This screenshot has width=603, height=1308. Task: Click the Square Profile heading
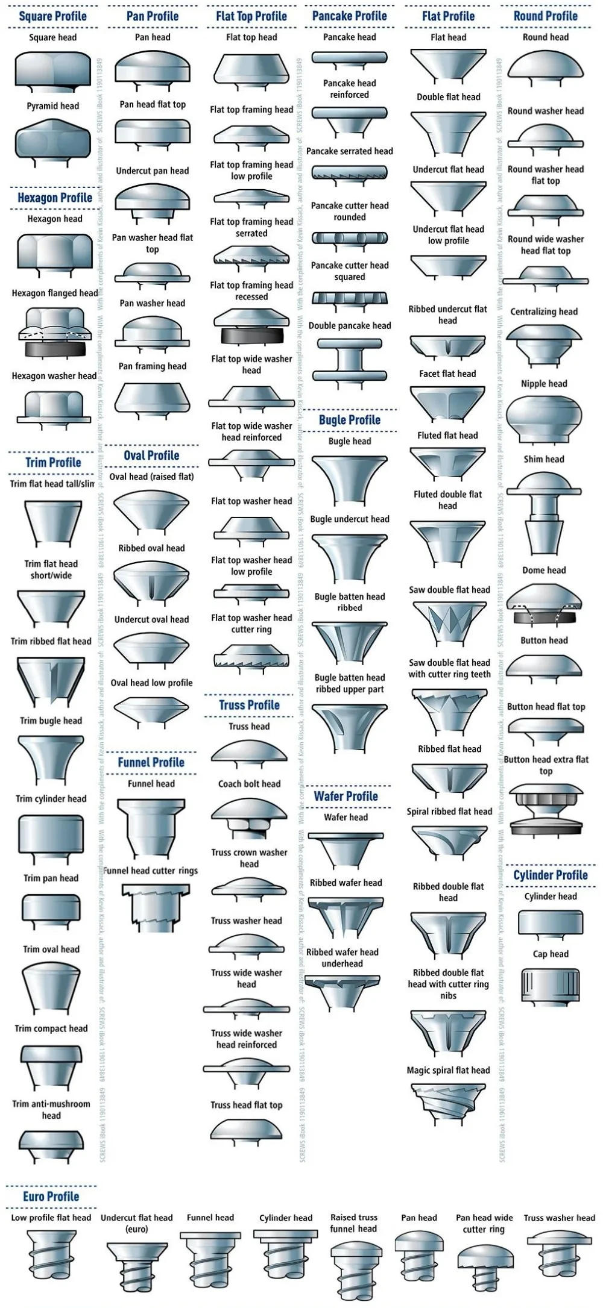click(x=52, y=16)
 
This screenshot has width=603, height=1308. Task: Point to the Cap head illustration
click(x=550, y=987)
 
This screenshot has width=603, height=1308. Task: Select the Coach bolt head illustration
click(x=250, y=816)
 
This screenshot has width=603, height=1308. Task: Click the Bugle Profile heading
click(x=350, y=420)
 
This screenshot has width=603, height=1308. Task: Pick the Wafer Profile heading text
click(x=346, y=796)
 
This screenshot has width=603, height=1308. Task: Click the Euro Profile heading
click(x=51, y=1196)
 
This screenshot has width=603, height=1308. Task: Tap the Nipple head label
click(x=544, y=384)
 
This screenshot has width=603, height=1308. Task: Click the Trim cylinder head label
click(x=51, y=799)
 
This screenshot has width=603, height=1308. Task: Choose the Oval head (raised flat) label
click(x=151, y=477)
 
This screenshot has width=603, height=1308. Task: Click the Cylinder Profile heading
click(x=551, y=875)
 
